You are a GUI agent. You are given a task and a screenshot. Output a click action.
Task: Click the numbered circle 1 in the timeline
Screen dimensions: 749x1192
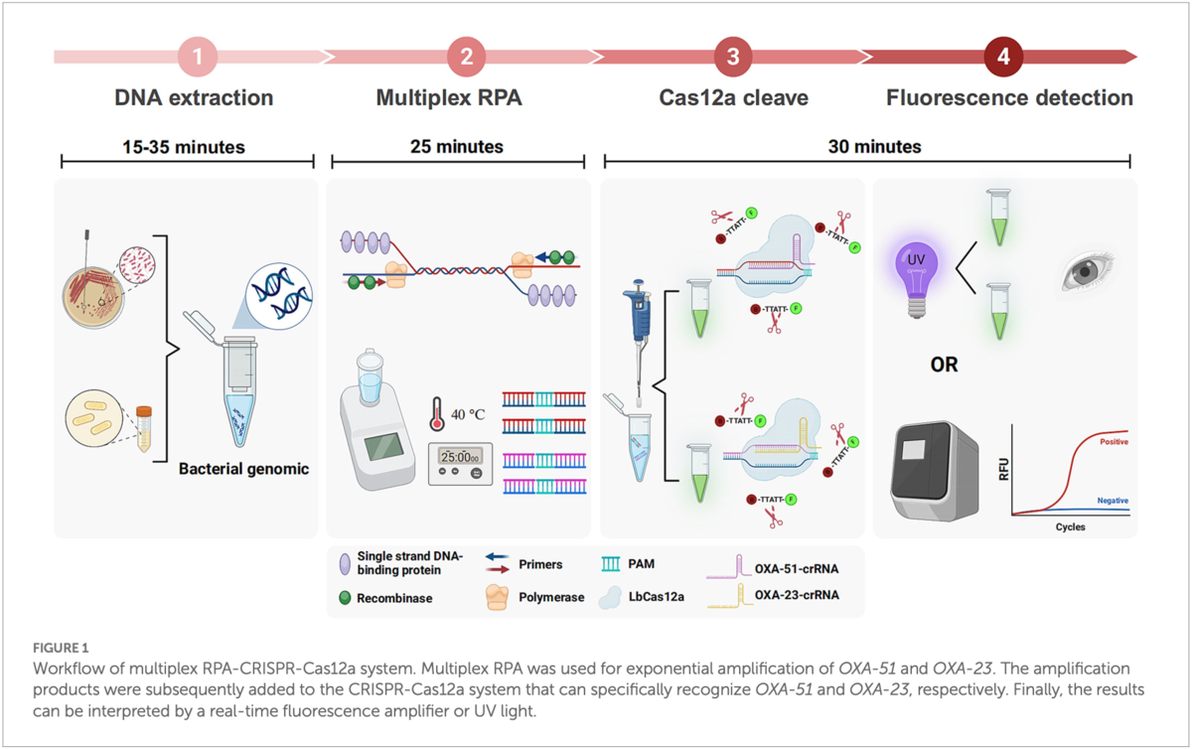point(198,58)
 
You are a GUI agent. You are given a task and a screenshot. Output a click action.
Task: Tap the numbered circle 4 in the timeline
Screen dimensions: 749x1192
point(1003,58)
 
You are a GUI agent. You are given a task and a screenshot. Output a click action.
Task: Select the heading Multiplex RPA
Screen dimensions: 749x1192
point(449,98)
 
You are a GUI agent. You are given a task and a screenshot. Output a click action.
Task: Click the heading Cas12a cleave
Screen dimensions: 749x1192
point(733,98)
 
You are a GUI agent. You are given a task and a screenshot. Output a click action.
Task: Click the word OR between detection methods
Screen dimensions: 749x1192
point(944,365)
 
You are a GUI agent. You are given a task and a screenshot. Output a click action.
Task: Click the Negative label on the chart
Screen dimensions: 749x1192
point(1112,501)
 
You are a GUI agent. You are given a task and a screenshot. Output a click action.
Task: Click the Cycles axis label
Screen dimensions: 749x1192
point(1070,526)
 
